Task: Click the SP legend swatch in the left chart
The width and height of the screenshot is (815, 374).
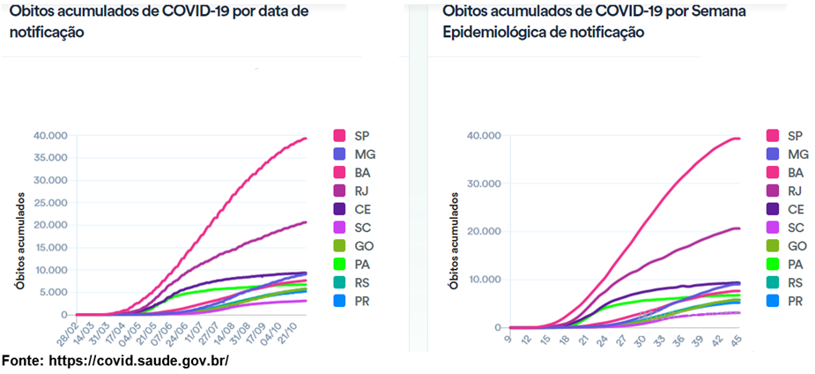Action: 338,136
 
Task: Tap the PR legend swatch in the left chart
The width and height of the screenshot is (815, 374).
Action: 338,301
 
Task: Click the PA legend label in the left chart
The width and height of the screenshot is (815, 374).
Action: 360,264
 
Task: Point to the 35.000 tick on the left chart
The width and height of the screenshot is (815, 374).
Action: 48,158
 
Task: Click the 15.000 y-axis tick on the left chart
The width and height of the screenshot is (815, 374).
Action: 48,248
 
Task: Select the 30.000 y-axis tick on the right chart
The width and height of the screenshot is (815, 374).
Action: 483,183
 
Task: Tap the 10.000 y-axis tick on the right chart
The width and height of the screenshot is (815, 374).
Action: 483,280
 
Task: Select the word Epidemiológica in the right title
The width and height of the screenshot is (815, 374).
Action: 491,33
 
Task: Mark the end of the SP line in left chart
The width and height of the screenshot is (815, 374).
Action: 306,138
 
